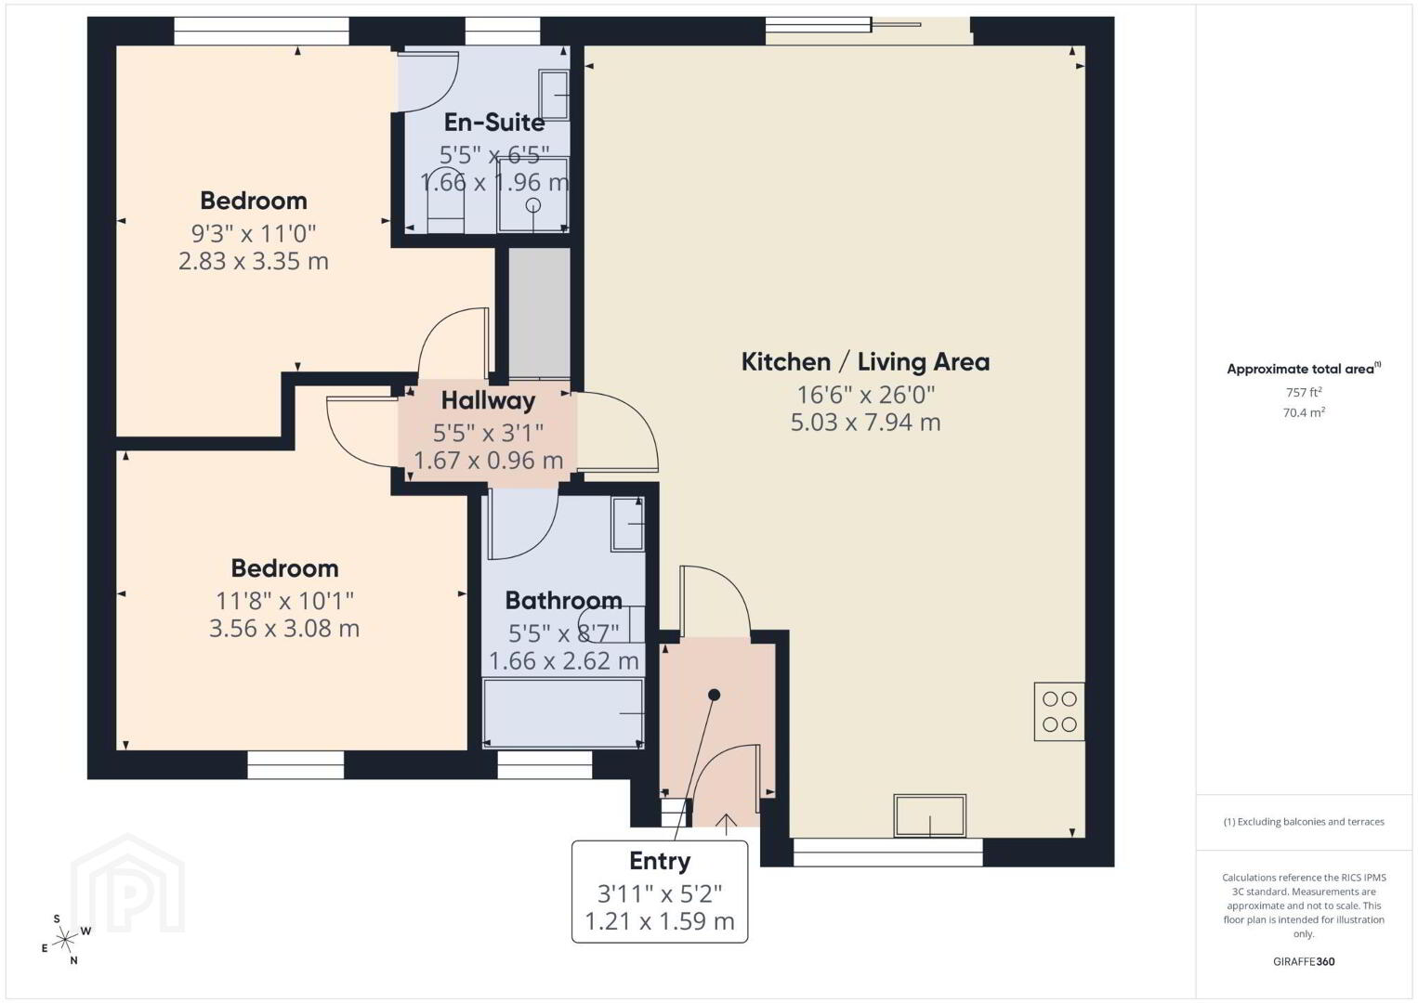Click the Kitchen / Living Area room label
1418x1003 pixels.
click(x=865, y=362)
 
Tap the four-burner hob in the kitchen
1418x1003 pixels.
click(x=1059, y=711)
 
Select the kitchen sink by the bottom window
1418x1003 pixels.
click(x=929, y=815)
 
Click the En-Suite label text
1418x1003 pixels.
click(x=493, y=123)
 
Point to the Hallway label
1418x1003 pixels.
click(x=488, y=400)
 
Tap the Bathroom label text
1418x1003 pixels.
click(x=563, y=601)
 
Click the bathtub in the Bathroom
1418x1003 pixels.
click(x=563, y=713)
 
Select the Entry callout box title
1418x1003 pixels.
click(x=660, y=861)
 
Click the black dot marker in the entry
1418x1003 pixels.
click(x=714, y=695)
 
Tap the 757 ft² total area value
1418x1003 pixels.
click(x=1304, y=392)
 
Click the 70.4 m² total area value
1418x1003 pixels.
click(x=1304, y=412)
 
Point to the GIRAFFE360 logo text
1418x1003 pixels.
click(x=1304, y=962)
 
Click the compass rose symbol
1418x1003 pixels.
click(x=64, y=940)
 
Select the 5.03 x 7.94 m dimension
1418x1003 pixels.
click(x=865, y=422)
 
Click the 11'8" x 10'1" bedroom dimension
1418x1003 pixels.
click(x=284, y=601)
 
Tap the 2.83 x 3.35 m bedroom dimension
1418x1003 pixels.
click(x=253, y=261)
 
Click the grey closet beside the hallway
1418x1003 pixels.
click(x=539, y=313)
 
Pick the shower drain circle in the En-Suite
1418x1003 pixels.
click(x=533, y=205)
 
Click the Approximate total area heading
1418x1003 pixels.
click(x=1304, y=369)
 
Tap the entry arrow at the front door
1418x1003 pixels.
click(x=726, y=825)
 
